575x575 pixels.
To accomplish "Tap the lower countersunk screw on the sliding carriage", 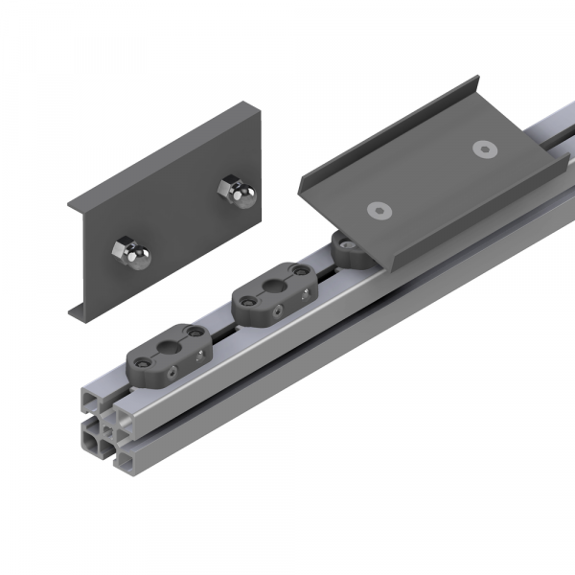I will pyautogui.click(x=380, y=209).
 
